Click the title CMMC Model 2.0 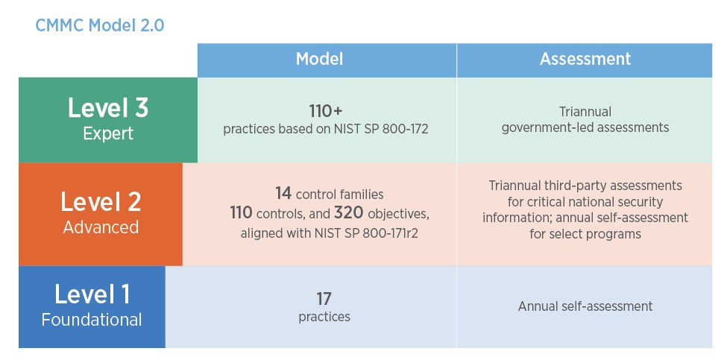100,25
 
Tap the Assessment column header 585,60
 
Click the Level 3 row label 108,109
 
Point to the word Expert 108,134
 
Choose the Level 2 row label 101,202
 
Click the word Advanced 101,227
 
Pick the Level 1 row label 92,294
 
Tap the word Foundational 92,320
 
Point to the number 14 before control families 283,194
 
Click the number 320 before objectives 348,213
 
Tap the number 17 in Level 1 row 324,298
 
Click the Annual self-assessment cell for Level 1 585,306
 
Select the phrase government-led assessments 585,127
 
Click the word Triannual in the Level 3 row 585,112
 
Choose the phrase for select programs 585,233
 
